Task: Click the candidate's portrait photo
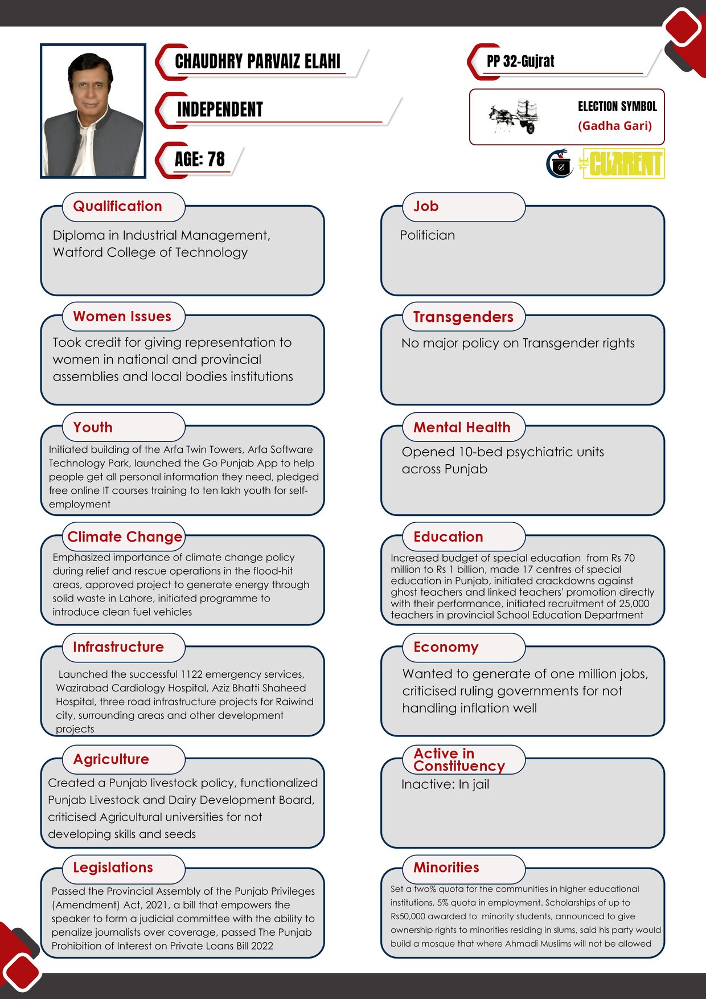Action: point(93,111)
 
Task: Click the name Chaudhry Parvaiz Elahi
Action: point(257,62)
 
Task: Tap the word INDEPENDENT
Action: point(220,109)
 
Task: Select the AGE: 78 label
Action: point(200,159)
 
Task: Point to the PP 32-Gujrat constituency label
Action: point(520,62)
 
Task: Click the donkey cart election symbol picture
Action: point(514,116)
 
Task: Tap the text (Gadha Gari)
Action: point(615,126)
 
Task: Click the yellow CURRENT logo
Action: point(623,164)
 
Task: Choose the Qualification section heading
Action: point(118,206)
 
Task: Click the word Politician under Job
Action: point(428,235)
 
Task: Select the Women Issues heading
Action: point(122,317)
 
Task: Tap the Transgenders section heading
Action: point(463,317)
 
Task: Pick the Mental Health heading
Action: point(462,427)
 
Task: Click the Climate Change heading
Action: point(125,537)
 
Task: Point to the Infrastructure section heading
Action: point(118,647)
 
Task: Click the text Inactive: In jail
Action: point(445,784)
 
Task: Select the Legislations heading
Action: point(113,867)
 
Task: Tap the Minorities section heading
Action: point(446,867)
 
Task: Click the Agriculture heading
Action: point(111,759)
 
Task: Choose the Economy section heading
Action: point(446,647)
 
